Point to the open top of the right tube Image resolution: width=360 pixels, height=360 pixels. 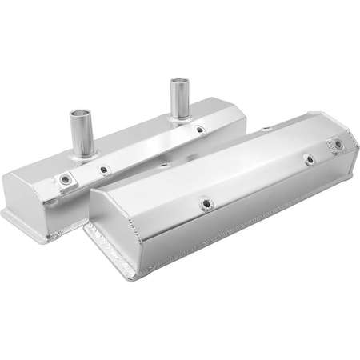[x=178, y=81]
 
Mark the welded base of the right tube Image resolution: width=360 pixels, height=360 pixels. [x=179, y=118]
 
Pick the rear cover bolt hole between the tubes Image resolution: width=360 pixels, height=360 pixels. [x=104, y=169]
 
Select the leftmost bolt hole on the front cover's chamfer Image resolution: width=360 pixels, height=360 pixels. [x=205, y=204]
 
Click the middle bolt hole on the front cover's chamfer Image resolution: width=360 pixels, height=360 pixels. [x=309, y=159]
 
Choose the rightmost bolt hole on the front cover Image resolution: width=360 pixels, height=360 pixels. [x=338, y=144]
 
